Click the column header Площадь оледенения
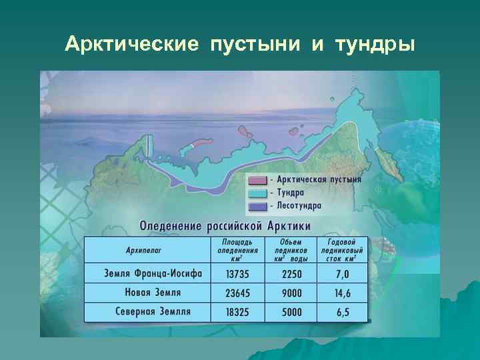(237, 250)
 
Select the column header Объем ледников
(291, 250)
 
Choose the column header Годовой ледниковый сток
(343, 250)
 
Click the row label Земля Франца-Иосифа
(147, 273)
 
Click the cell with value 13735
(239, 274)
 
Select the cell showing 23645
(239, 293)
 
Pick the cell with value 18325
(239, 311)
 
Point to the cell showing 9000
(291, 293)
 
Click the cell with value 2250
(291, 274)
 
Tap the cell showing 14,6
(343, 293)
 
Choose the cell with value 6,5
(343, 311)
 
